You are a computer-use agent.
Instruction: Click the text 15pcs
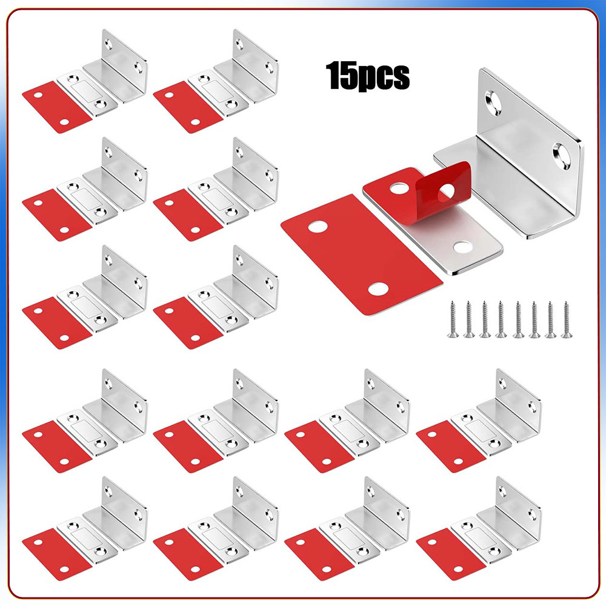(x=368, y=76)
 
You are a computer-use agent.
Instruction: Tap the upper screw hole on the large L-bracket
(x=494, y=102)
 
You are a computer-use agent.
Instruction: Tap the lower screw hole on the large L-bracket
(x=561, y=156)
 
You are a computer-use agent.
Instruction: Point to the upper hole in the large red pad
(x=318, y=227)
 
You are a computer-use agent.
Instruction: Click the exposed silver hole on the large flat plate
(x=462, y=245)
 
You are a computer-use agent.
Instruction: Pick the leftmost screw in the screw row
(x=453, y=319)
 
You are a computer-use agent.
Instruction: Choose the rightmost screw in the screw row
(x=567, y=319)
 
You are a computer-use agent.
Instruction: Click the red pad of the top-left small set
(x=57, y=107)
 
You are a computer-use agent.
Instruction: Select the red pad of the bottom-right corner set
(x=451, y=554)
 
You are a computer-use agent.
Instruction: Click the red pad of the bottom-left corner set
(x=57, y=554)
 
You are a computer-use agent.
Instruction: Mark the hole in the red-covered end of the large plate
(x=399, y=188)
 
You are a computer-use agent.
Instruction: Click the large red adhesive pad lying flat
(x=361, y=255)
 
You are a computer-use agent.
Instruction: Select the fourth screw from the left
(x=501, y=319)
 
